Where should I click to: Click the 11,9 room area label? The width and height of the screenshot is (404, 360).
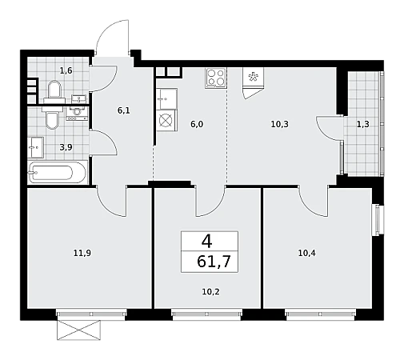(82, 253)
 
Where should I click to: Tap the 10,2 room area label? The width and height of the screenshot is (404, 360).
(210, 292)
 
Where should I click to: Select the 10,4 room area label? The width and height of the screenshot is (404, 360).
(306, 253)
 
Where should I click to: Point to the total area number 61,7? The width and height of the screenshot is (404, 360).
(214, 262)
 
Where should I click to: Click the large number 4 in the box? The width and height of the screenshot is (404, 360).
(207, 242)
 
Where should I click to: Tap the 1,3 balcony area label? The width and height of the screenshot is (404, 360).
(363, 124)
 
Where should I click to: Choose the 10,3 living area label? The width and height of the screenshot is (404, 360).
(279, 124)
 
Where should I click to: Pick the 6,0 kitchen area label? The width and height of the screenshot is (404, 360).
(197, 124)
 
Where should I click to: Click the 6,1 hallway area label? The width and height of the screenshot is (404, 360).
(124, 110)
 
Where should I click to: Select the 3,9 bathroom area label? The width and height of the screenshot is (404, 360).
(66, 147)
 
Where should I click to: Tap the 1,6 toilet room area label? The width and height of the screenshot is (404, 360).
(66, 71)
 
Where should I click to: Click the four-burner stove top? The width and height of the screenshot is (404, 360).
(216, 78)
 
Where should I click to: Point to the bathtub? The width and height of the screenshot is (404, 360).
(58, 172)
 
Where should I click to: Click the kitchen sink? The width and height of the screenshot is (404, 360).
(166, 99)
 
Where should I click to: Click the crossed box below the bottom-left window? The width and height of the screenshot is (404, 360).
(79, 330)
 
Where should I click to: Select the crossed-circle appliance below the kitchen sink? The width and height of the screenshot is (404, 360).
(166, 121)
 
